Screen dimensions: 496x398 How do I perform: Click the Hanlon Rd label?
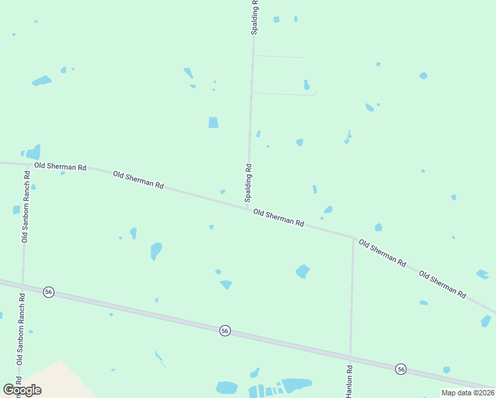[349, 381]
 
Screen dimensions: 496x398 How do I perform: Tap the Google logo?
[22, 389]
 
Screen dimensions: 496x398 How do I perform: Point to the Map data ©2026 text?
[467, 393]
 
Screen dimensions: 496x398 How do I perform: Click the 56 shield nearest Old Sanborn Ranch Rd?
[48, 292]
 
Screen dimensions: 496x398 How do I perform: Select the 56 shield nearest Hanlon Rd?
[401, 368]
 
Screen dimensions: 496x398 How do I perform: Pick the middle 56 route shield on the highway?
[225, 330]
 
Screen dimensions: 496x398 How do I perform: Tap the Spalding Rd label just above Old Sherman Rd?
[249, 183]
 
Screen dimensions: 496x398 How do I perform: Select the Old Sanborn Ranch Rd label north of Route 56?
[26, 207]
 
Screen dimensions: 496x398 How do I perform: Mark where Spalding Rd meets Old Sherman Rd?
[248, 209]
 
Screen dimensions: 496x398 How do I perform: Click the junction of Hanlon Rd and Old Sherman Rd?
[353, 237]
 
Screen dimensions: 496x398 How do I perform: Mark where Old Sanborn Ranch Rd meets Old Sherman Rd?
[28, 164]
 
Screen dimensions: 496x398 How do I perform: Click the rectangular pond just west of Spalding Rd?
[213, 122]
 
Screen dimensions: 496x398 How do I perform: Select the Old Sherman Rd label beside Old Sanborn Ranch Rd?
[60, 167]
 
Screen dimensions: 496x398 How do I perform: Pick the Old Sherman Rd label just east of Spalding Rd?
[279, 218]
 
